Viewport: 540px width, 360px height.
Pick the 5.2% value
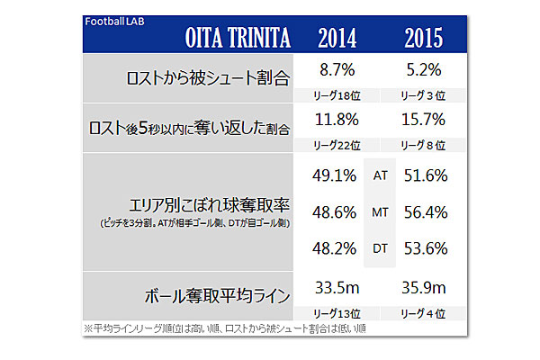click(x=423, y=68)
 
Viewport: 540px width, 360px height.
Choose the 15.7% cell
click(x=423, y=119)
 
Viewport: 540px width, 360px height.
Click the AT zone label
click(x=380, y=176)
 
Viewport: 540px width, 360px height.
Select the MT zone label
click(x=380, y=213)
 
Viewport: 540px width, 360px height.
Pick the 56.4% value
click(x=426, y=213)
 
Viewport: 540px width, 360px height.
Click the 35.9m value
click(x=423, y=290)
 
